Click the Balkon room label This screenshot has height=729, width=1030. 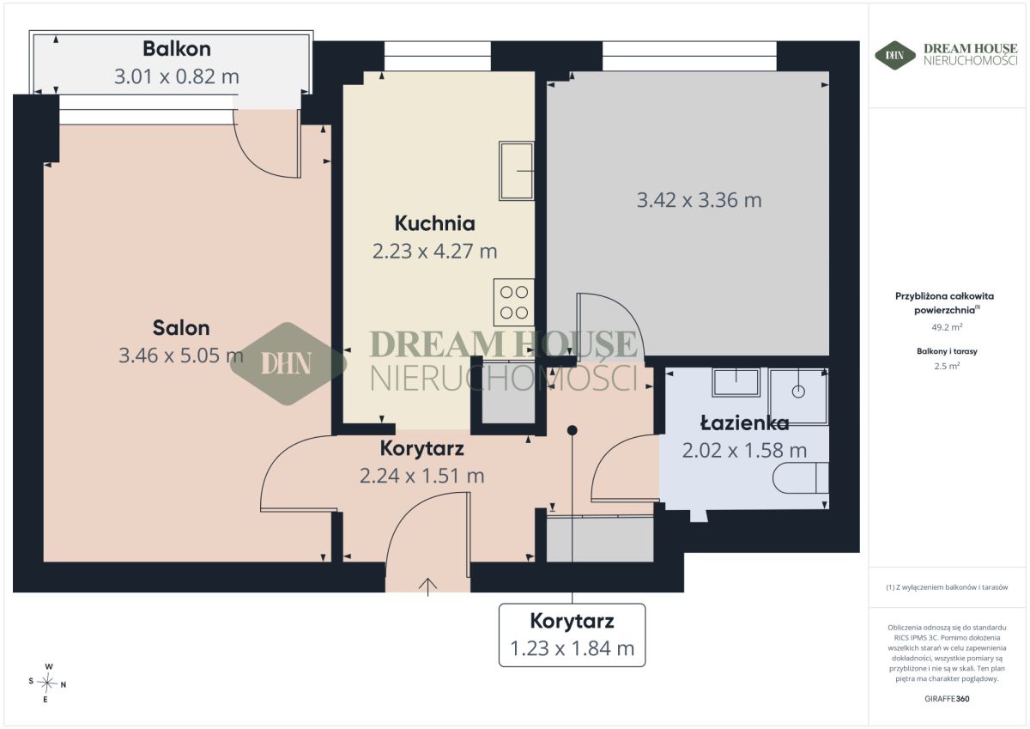coord(177,49)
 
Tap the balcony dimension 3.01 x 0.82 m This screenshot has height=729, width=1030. coord(177,76)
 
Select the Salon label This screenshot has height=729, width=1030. coord(181,328)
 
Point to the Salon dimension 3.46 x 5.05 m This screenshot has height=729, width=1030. coord(181,355)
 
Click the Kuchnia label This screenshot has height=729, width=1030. coord(434,223)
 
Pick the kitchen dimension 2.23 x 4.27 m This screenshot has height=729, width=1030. coord(434,251)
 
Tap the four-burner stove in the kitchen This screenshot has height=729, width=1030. coord(514,302)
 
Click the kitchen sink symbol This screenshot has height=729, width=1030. coord(517,171)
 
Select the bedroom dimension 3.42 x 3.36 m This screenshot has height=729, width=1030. coord(699,200)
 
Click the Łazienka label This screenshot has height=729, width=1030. coord(744,422)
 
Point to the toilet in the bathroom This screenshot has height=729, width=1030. coord(801,478)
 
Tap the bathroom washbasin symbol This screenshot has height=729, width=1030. coord(736,382)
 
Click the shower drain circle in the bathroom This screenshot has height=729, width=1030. coord(798,392)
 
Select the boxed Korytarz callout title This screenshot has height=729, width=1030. coord(572,621)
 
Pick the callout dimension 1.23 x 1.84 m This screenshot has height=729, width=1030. coord(572,648)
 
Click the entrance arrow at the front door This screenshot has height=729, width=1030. coord(427,586)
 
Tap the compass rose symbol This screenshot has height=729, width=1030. coord(47,683)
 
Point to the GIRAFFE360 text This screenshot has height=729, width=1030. coord(947,699)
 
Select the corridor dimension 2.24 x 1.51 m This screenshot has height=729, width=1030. coord(421,476)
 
